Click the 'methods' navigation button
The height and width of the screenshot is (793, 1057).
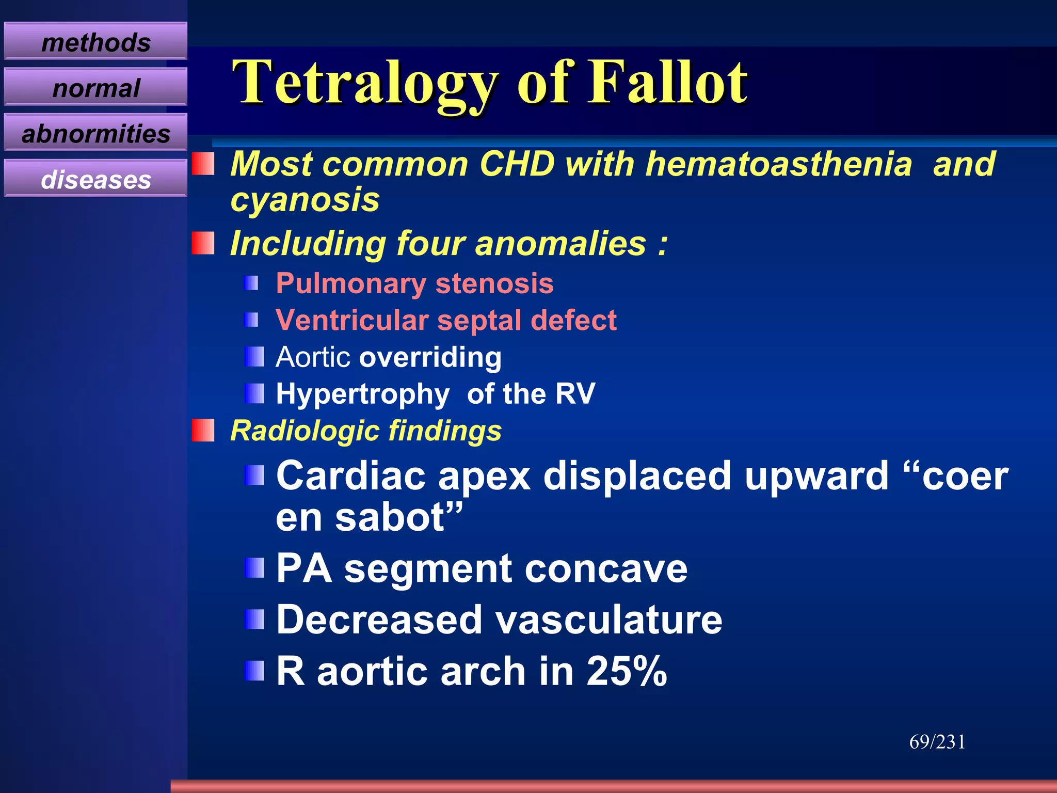[95, 42]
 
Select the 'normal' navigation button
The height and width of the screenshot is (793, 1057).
[95, 88]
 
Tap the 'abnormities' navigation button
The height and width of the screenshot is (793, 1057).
[95, 134]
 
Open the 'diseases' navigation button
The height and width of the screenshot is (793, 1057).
[95, 179]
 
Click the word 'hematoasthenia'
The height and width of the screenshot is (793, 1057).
[779, 164]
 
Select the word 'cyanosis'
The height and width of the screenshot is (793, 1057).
[305, 200]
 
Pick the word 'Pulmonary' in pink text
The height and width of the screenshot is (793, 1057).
[350, 284]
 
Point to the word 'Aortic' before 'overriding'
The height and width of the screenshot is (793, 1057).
[313, 357]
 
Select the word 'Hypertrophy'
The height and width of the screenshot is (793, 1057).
[362, 394]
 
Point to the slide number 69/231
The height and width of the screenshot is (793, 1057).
[937, 742]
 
